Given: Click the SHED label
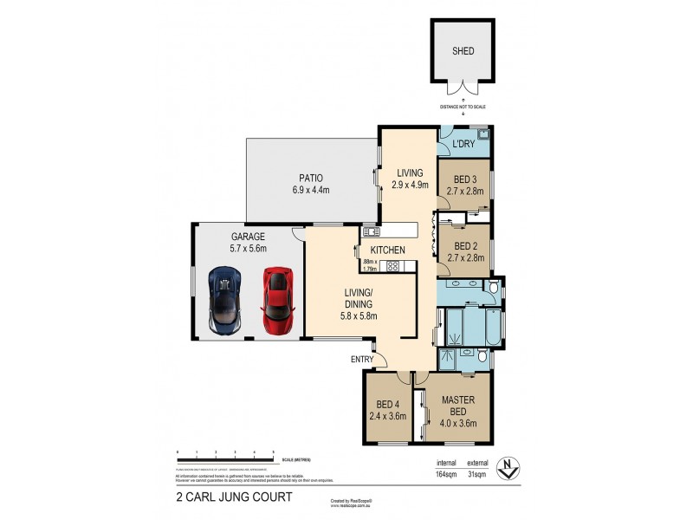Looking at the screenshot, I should click(x=463, y=51).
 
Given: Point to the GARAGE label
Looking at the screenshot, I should click(x=247, y=236).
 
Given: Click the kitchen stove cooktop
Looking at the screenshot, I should click(x=392, y=266).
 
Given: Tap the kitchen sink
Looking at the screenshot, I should click(x=372, y=231).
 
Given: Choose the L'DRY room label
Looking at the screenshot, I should click(x=464, y=145).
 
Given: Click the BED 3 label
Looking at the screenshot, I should click(x=463, y=179).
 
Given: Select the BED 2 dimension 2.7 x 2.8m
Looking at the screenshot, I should click(x=463, y=257).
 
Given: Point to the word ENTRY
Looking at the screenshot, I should click(x=363, y=359).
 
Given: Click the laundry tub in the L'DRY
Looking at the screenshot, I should click(x=485, y=133).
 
